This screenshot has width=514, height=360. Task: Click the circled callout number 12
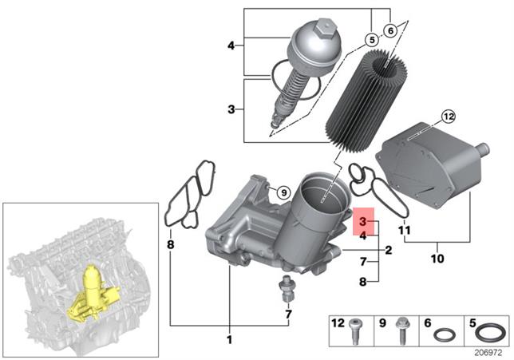click(x=449, y=117)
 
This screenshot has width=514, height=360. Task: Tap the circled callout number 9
click(x=284, y=192)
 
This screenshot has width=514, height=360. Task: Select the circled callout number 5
click(x=372, y=41)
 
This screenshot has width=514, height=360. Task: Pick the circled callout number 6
click(x=390, y=31)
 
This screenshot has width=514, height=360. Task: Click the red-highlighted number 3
click(x=362, y=221)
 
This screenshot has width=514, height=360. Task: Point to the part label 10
click(x=437, y=259)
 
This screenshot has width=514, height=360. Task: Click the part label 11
click(x=404, y=230)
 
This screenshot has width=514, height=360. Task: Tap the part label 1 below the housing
click(x=230, y=339)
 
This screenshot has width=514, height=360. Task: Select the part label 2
click(x=389, y=250)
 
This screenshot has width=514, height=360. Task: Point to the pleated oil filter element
click(x=367, y=101)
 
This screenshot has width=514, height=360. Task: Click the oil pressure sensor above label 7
click(x=287, y=289)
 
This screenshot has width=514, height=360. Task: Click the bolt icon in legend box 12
click(x=355, y=331)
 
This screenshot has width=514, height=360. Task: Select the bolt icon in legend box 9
click(x=401, y=331)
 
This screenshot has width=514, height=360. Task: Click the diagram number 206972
click(x=488, y=353)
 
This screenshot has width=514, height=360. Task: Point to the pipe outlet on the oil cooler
click(x=483, y=149)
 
